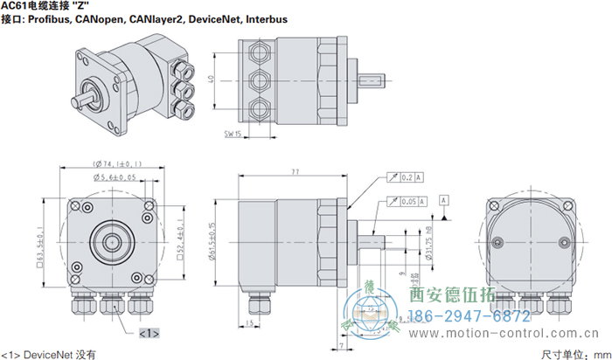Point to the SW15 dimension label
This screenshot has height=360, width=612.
point(233,134)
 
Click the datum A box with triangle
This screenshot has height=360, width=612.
point(445,202)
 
